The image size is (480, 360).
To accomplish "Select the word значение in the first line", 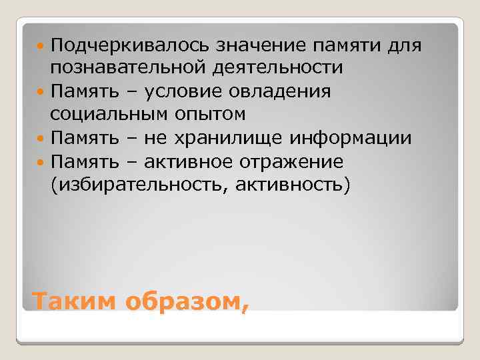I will tap(258, 45).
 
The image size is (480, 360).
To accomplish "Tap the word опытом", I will tap(210, 115).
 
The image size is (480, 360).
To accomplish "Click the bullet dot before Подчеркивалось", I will tap(42, 45).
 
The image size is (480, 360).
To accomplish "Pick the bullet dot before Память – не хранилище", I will tap(42, 139).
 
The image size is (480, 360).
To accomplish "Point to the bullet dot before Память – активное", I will tap(42, 162).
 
